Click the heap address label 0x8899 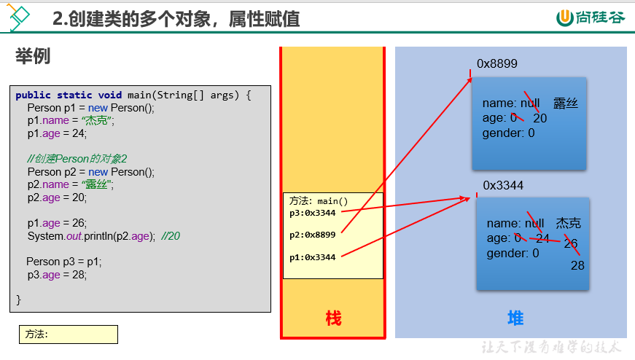tap(497, 63)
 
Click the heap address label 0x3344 tap(503, 186)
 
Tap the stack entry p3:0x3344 tap(312, 213)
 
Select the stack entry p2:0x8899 tap(312, 235)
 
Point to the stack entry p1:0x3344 tap(312, 257)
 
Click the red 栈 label tap(333, 318)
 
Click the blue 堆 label tap(515, 318)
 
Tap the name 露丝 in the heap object tap(565, 103)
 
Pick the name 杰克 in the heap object tap(568, 223)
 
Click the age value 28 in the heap tap(577, 266)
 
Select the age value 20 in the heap tap(539, 118)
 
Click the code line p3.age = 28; tap(57, 275)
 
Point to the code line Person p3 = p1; tap(64, 262)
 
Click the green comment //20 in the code tap(171, 236)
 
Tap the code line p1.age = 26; tap(57, 223)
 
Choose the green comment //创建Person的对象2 tap(77, 159)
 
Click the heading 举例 tap(33, 56)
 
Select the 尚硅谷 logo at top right tap(591, 17)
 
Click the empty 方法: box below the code tap(69, 334)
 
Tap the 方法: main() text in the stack tap(319, 201)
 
